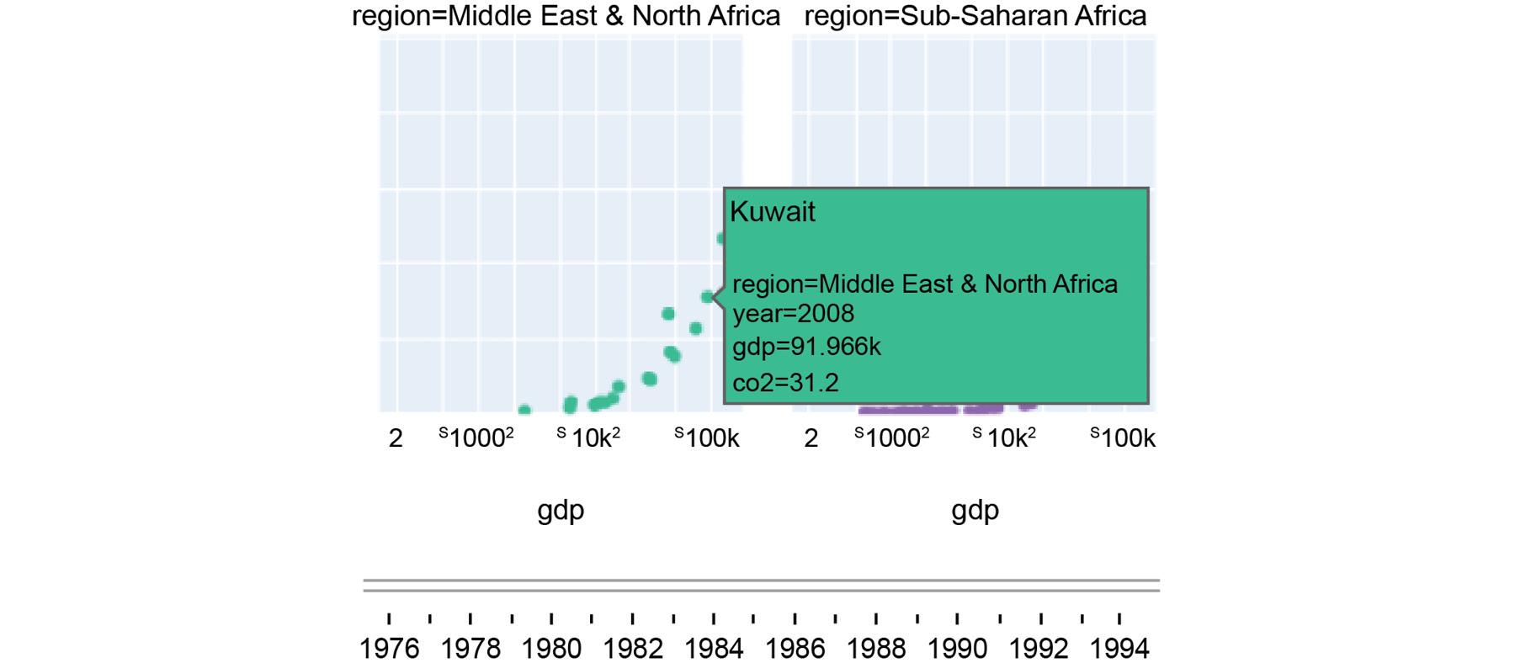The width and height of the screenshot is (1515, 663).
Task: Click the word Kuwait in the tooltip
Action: tap(772, 211)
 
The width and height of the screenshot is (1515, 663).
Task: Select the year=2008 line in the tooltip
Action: tap(793, 314)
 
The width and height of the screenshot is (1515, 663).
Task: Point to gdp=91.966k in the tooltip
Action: tap(806, 347)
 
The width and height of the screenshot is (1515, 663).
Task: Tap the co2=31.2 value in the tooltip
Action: tap(785, 383)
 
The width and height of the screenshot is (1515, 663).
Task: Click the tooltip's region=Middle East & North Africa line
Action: tap(924, 284)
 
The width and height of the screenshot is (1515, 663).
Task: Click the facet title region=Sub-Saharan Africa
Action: tap(975, 16)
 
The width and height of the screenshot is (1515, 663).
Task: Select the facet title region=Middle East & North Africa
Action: tap(566, 16)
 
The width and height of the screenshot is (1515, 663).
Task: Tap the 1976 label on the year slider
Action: tap(389, 648)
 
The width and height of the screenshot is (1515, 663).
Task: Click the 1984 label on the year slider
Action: tap(714, 648)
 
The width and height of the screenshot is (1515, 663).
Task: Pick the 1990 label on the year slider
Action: tap(957, 648)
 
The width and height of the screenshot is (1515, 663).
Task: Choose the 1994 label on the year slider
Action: tap(1119, 648)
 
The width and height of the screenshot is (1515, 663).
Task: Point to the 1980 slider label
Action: tap(551, 648)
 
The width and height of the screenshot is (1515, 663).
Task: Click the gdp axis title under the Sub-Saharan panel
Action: tap(975, 510)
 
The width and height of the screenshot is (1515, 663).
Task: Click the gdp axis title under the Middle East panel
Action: tap(561, 510)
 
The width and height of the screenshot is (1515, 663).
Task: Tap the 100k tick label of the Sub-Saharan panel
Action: tap(1127, 438)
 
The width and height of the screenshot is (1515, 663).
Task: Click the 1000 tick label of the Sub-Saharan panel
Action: tap(892, 438)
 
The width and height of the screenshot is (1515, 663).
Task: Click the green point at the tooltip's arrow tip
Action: tap(707, 297)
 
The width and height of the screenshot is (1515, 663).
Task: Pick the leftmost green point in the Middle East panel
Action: tap(524, 411)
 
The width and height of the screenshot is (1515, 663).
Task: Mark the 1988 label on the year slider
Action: tap(876, 648)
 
